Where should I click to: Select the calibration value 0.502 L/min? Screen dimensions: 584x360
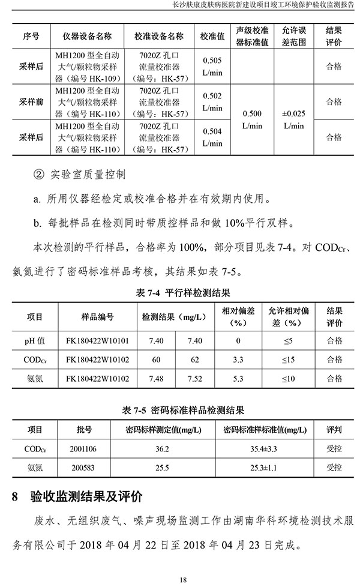click(x=212, y=102)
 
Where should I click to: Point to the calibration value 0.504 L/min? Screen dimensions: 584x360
click(x=212, y=137)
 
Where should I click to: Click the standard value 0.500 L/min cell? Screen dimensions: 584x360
click(x=252, y=119)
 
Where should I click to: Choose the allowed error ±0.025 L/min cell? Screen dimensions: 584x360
click(x=293, y=119)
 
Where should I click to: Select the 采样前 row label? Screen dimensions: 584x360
click(x=31, y=102)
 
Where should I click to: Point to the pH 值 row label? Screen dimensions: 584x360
click(x=35, y=341)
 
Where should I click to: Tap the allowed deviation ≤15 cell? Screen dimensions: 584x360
click(x=289, y=360)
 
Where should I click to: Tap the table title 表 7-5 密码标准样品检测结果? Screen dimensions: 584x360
click(x=183, y=411)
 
